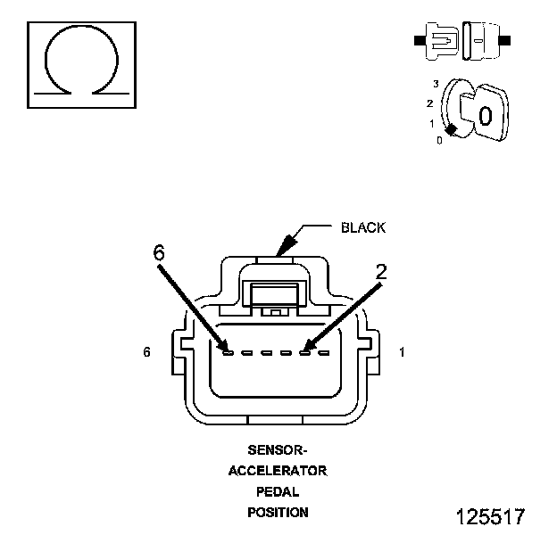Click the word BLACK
pyautogui.click(x=363, y=227)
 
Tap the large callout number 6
pyautogui.click(x=159, y=253)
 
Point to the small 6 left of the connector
pyautogui.click(x=146, y=353)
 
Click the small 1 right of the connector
pyautogui.click(x=403, y=353)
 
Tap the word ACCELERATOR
pyautogui.click(x=278, y=470)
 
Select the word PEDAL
pyautogui.click(x=278, y=491)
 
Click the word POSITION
pyautogui.click(x=278, y=513)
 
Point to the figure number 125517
pyautogui.click(x=490, y=517)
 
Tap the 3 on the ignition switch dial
pyautogui.click(x=436, y=84)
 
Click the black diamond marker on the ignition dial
pyautogui.click(x=452, y=131)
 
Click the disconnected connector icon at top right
pyautogui.click(x=461, y=41)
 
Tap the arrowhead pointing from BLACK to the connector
pyautogui.click(x=284, y=244)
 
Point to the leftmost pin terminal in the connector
pyautogui.click(x=229, y=353)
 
